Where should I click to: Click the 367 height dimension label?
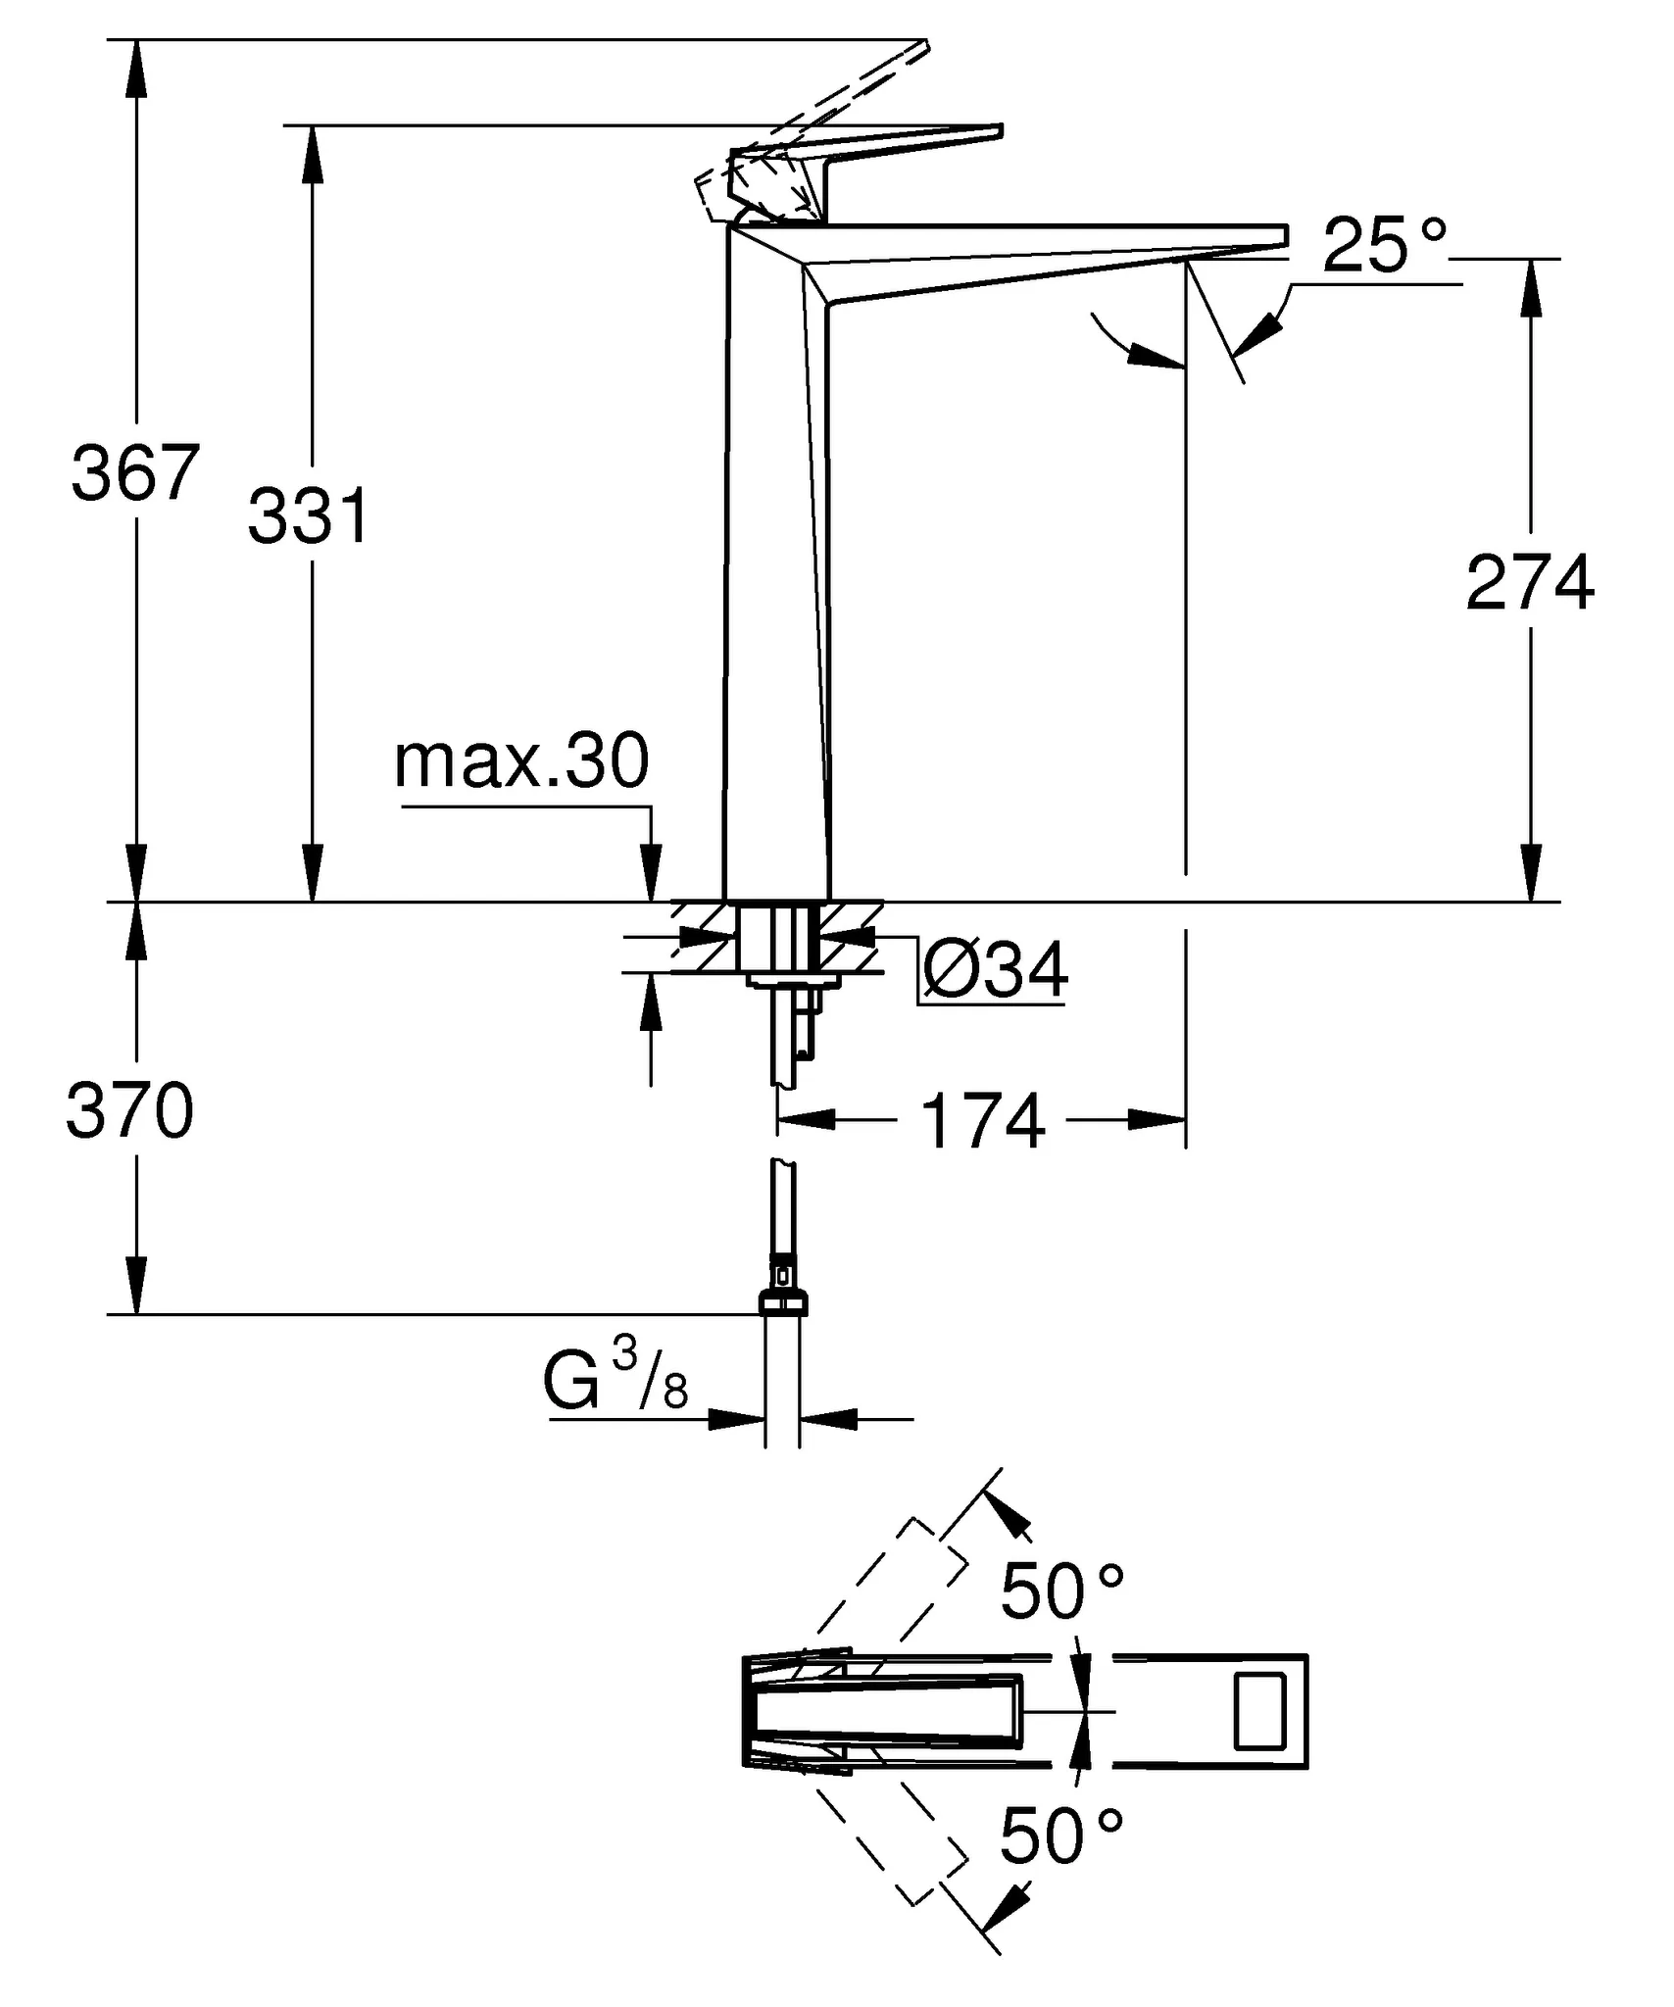click(x=135, y=473)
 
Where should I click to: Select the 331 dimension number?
click(x=309, y=516)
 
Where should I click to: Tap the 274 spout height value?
click(x=1529, y=583)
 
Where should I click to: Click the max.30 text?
click(x=520, y=760)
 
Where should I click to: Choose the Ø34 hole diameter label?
click(x=995, y=970)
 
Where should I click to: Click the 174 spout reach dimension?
click(x=983, y=1121)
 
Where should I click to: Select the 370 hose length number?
click(x=129, y=1111)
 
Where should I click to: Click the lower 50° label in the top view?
click(x=1061, y=1836)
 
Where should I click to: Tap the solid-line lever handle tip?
click(x=997, y=131)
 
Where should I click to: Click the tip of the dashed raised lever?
click(x=923, y=44)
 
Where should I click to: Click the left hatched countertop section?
click(x=705, y=937)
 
